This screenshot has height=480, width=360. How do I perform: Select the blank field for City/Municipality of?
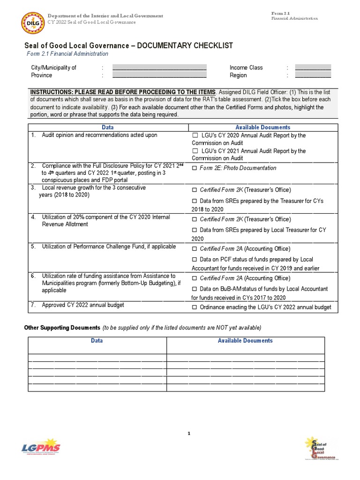pyautogui.click(x=159, y=68)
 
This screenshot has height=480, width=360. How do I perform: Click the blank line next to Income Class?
pyautogui.click(x=313, y=68)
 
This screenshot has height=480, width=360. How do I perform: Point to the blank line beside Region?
pyautogui.click(x=313, y=75)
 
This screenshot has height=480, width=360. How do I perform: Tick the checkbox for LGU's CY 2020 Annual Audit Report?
pyautogui.click(x=195, y=135)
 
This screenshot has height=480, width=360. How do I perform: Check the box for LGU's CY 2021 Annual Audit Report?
pyautogui.click(x=195, y=151)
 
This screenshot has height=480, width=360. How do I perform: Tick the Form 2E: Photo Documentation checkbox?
pyautogui.click(x=195, y=168)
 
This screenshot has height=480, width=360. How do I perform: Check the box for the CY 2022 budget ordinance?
pyautogui.click(x=195, y=307)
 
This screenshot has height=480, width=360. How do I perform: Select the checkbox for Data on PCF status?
pyautogui.click(x=195, y=260)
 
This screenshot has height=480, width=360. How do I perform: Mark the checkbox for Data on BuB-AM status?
pyautogui.click(x=195, y=289)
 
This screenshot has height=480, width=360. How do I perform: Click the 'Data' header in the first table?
pyautogui.click(x=107, y=127)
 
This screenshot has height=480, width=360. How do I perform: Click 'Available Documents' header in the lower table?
pyautogui.click(x=245, y=341)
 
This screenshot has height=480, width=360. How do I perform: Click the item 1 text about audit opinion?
pyautogui.click(x=99, y=135)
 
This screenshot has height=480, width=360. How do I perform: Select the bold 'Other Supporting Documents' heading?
pyautogui.click(x=62, y=327)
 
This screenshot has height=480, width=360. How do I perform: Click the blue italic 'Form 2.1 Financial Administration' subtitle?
pyautogui.click(x=67, y=54)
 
